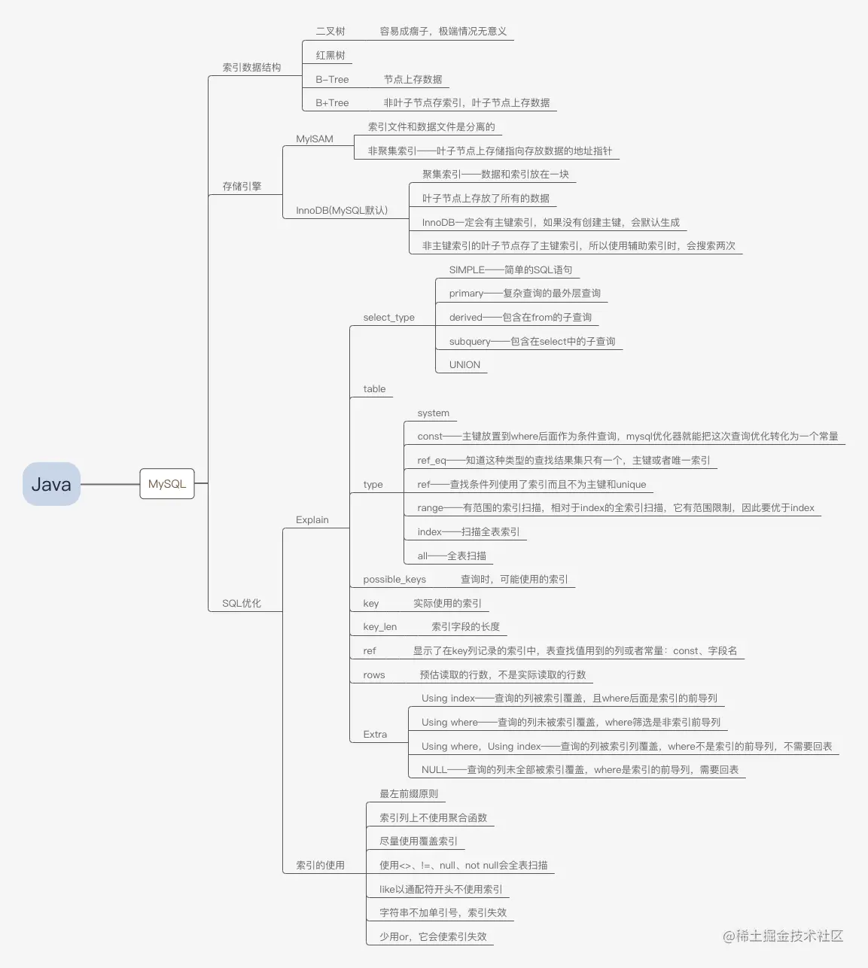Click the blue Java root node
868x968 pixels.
click(x=51, y=484)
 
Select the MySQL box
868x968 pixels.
click(x=166, y=484)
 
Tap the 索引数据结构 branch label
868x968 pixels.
click(x=251, y=68)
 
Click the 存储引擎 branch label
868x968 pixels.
click(x=242, y=187)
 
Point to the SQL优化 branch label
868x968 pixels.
click(x=242, y=604)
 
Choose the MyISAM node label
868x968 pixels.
click(x=315, y=139)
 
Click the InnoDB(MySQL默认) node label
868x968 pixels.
click(x=342, y=211)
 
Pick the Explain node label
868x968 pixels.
click(x=312, y=520)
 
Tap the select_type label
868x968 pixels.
click(x=388, y=318)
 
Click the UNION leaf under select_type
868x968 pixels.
click(x=464, y=365)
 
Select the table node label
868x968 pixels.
click(x=374, y=389)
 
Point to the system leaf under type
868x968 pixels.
click(x=434, y=413)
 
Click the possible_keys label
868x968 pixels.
click(x=394, y=580)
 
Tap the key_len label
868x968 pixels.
click(x=380, y=627)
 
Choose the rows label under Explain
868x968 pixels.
click(x=374, y=675)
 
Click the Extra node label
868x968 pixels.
click(x=375, y=735)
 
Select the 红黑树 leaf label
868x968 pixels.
click(x=330, y=56)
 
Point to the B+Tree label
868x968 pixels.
click(x=332, y=103)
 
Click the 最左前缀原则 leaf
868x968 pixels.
click(x=409, y=794)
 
